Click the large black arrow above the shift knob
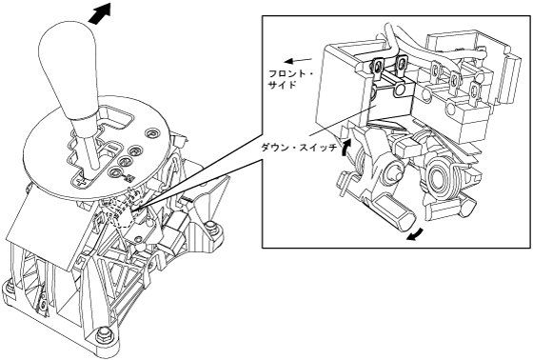click(x=100, y=13)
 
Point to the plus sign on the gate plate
click(x=81, y=181)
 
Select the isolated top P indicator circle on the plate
click(x=151, y=133)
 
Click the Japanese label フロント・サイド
click(x=290, y=79)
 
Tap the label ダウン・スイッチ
click(x=299, y=148)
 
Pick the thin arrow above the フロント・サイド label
click(x=298, y=61)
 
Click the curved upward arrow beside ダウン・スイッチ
click(x=345, y=148)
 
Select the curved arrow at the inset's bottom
click(x=416, y=235)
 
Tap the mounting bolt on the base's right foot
click(x=212, y=227)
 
